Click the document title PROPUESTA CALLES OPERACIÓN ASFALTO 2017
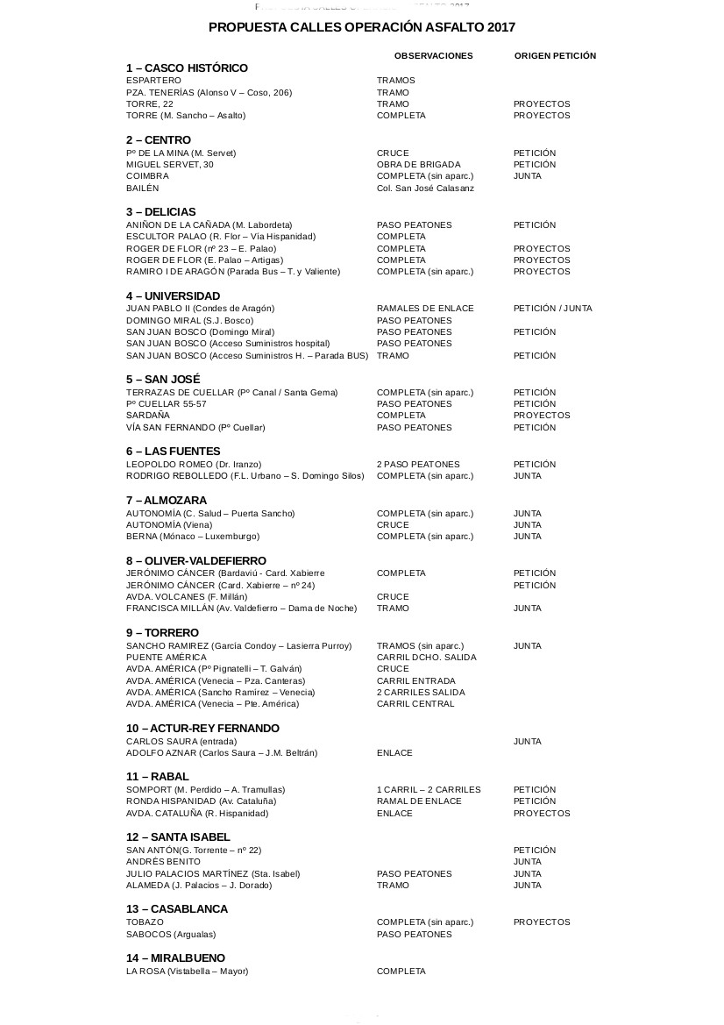tap(361, 28)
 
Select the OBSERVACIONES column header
tap(433, 56)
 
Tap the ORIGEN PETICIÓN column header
tap(555, 56)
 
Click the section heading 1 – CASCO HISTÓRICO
tap(187, 68)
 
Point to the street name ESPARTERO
tap(153, 81)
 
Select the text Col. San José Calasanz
tap(425, 189)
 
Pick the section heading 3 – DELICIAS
tap(161, 212)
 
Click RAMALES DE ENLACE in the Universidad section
tap(425, 309)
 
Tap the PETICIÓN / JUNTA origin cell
tap(552, 309)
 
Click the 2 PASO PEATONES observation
tap(418, 465)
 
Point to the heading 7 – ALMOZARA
tap(167, 501)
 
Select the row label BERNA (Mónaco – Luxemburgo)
tap(193, 537)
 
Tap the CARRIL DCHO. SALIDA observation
tap(427, 658)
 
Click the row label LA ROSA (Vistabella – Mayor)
tap(188, 972)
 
